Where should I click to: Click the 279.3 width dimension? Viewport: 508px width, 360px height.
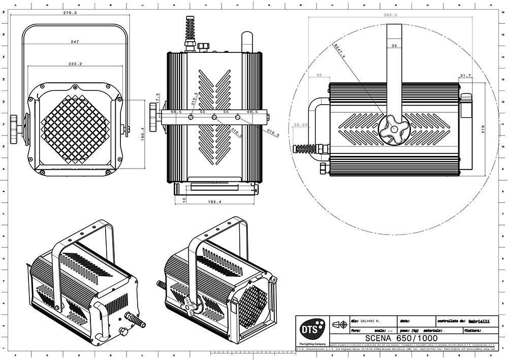(x=70, y=13)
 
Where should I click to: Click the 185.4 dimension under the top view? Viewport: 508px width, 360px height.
(x=215, y=202)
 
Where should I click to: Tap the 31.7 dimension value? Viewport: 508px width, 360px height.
(x=465, y=76)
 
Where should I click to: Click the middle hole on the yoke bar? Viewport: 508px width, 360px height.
(x=214, y=118)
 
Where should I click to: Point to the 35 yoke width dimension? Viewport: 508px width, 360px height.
(x=395, y=46)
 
